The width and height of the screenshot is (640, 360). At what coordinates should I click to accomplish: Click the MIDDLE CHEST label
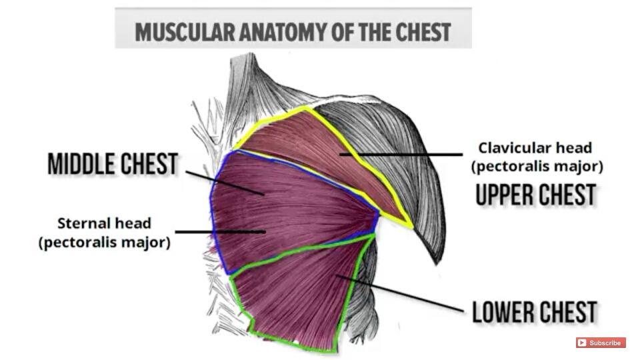click(113, 164)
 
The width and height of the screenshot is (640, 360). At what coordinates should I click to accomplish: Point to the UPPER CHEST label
click(535, 195)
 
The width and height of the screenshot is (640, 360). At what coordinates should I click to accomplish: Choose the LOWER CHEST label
click(535, 312)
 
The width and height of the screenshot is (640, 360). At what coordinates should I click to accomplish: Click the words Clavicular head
click(535, 148)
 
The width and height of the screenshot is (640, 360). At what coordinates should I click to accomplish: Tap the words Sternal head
click(104, 223)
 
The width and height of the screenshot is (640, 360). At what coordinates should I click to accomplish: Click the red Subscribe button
click(601, 343)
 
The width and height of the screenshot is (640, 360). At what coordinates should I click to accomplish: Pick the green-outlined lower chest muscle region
click(300, 293)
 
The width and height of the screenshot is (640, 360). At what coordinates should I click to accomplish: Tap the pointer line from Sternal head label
click(220, 232)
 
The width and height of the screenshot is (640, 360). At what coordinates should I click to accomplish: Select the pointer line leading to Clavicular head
click(400, 155)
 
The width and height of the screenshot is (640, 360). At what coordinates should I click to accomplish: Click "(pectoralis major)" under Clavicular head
click(535, 166)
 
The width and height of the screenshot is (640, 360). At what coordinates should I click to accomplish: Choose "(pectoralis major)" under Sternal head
click(104, 241)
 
